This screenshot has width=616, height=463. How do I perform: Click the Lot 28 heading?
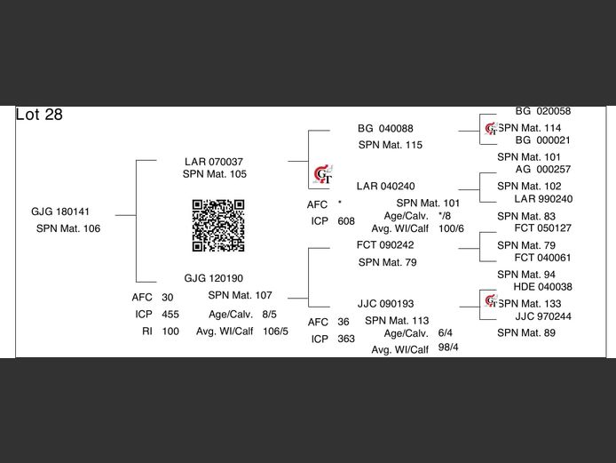pos(39,116)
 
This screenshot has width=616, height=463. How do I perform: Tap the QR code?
pos(218,225)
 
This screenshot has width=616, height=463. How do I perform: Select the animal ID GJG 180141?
pos(60,212)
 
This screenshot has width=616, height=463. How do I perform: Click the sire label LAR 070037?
pos(214,162)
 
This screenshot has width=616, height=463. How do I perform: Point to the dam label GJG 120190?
pos(214,278)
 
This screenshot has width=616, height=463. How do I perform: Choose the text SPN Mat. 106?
pos(68,228)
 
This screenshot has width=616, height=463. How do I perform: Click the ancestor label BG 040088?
pos(385,129)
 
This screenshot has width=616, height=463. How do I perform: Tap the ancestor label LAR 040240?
pos(385,187)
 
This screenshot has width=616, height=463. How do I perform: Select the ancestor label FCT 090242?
pos(385,245)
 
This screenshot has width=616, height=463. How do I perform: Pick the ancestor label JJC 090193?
pos(385,304)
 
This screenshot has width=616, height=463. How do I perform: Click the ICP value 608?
pos(346,221)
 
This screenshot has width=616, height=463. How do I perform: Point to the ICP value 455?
pos(170,315)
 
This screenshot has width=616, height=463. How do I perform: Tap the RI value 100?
pos(170,331)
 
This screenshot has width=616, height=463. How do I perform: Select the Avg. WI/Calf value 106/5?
pos(275,331)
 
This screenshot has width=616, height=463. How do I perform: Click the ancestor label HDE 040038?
pos(543,287)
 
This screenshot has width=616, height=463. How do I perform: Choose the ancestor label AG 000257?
pos(543,170)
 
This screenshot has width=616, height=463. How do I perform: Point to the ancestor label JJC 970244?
pos(543,316)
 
